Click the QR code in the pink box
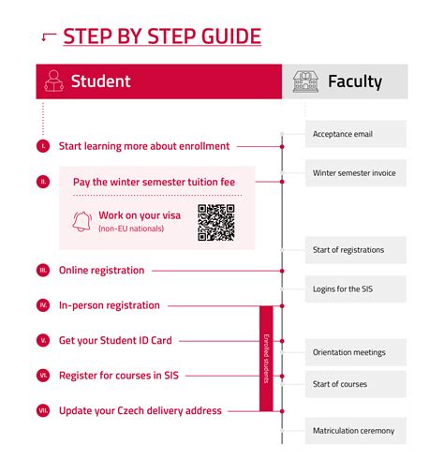pos(215,223)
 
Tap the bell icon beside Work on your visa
pos(81,221)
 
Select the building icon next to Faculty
pos(304,81)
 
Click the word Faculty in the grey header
pos(354,81)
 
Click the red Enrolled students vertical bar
pos(266,358)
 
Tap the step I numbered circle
pos(43,146)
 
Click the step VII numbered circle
pos(43,410)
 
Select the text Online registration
pos(101,271)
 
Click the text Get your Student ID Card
pos(114,341)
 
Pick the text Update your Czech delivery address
pos(141,410)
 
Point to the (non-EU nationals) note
pos(130,229)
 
